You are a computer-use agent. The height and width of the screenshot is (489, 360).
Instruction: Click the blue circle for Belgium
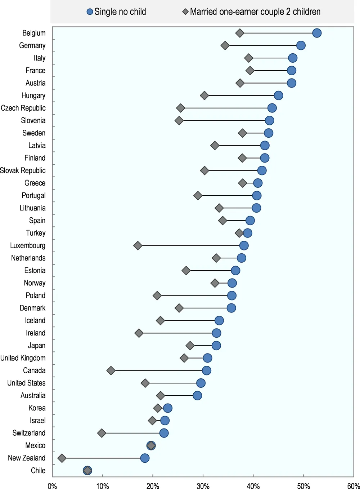click(317, 33)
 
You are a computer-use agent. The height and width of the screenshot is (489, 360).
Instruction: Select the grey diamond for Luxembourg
click(138, 246)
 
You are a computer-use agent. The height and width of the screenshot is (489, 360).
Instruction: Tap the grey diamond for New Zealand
click(62, 458)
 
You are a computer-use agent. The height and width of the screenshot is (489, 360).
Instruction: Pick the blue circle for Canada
click(206, 370)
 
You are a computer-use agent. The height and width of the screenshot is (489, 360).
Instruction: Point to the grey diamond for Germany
click(225, 46)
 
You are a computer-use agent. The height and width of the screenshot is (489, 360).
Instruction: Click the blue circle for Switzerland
click(164, 433)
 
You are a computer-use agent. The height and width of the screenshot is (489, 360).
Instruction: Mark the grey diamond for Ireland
click(139, 333)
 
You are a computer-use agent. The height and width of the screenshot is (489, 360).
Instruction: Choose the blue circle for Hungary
click(278, 95)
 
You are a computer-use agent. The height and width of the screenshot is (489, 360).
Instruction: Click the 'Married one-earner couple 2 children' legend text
click(255, 12)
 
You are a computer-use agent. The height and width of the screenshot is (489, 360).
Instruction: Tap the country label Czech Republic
click(23, 108)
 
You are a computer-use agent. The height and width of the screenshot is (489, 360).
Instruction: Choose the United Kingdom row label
click(23, 358)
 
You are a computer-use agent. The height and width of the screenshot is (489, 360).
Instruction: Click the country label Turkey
click(36, 233)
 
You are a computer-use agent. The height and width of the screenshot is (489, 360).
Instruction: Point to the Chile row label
click(38, 470)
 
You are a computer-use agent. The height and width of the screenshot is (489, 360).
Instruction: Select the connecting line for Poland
click(194, 295)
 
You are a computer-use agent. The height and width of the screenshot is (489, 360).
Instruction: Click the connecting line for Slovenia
click(224, 120)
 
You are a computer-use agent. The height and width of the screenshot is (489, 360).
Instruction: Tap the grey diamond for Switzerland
click(102, 433)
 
